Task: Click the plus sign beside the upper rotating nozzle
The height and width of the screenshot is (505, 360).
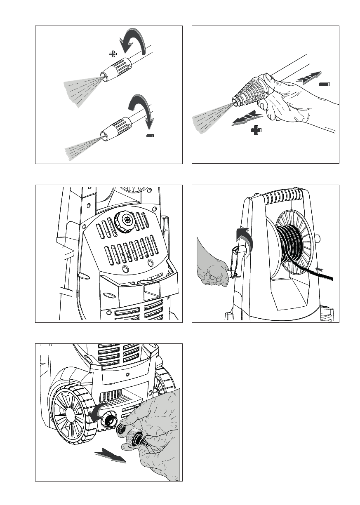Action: point(113,54)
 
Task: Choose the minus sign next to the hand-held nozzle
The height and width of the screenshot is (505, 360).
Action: point(325,84)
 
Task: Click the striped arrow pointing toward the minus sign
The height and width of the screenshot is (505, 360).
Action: point(308,78)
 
